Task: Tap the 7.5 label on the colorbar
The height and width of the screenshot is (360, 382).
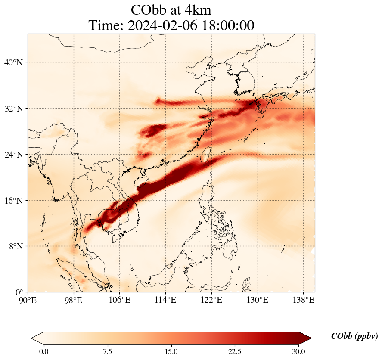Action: pyautogui.click(x=107, y=351)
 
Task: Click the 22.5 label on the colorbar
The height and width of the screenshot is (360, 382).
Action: pyautogui.click(x=235, y=351)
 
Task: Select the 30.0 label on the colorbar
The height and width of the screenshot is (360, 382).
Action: pyautogui.click(x=298, y=351)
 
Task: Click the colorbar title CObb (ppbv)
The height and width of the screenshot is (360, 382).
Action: pyautogui.click(x=354, y=336)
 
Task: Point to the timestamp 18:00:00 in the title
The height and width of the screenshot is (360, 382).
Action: pyautogui.click(x=228, y=25)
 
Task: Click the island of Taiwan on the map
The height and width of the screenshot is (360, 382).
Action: pyautogui.click(x=205, y=155)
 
